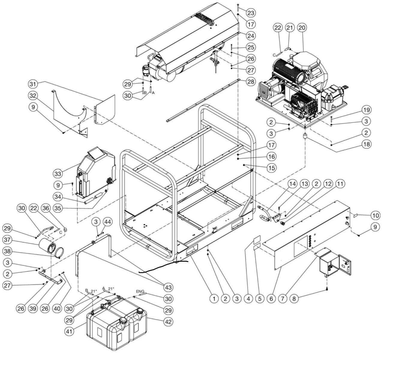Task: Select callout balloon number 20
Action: click(302, 28)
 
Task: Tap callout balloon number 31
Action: click(34, 84)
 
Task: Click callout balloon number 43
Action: click(168, 287)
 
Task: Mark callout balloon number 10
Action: click(375, 215)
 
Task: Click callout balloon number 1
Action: click(214, 299)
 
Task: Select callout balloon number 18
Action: click(366, 144)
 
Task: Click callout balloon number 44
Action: click(108, 222)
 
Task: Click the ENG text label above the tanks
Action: click(140, 291)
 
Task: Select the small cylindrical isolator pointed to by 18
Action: click(305, 137)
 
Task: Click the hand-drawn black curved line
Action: click(163, 266)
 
